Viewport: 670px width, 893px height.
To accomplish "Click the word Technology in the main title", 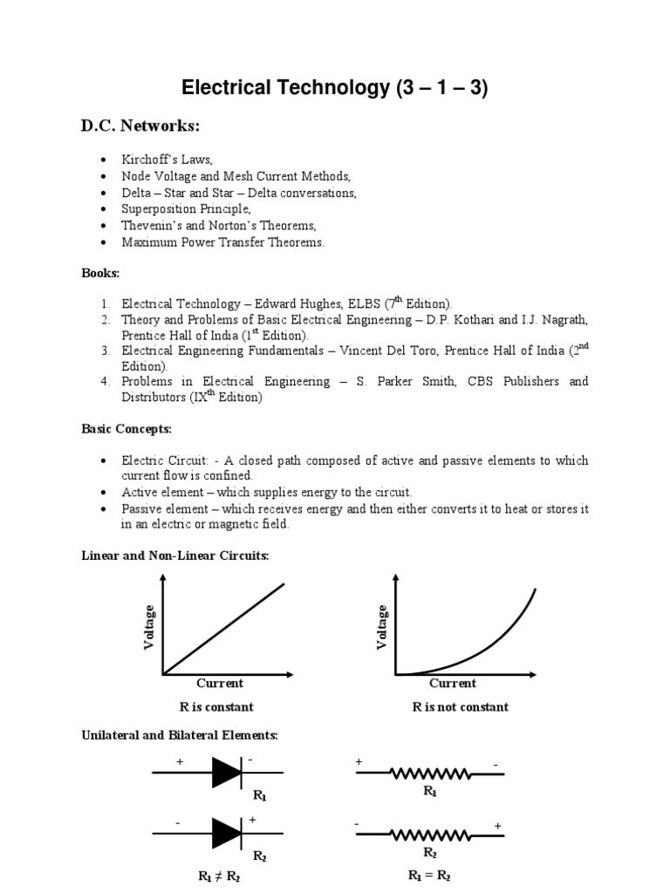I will coord(304,88).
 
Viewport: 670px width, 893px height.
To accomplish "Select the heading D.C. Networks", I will coord(140,127).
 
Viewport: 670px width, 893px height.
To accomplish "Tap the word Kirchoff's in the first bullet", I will coord(149,160).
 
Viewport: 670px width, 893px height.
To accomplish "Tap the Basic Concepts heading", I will coord(126,429).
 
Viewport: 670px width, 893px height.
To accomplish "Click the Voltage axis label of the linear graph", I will coord(149,627).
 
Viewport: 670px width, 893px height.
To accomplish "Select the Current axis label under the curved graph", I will coord(453,683).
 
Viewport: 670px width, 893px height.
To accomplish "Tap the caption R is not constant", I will coord(460,706).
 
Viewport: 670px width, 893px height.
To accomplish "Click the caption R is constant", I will coord(216,706).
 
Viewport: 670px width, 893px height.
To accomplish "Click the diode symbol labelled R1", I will coord(228,773).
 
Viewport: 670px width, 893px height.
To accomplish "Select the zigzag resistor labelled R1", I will coord(430,773).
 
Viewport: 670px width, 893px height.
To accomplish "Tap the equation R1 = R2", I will coord(430,875).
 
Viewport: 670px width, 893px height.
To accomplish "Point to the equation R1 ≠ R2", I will coord(220,877).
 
